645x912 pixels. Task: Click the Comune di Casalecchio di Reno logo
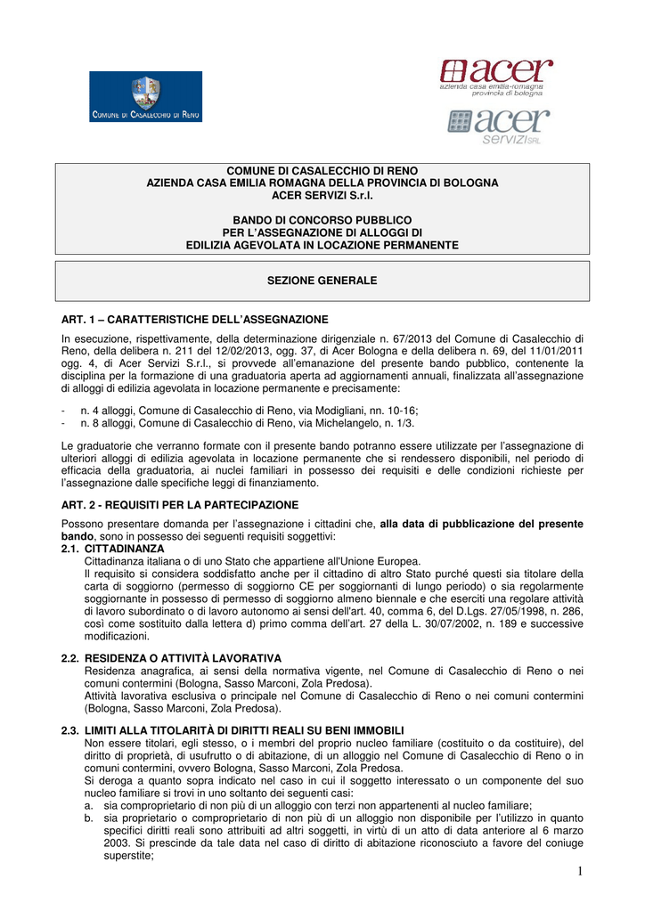144,97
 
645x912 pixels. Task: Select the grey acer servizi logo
498,126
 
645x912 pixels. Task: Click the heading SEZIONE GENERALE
322,281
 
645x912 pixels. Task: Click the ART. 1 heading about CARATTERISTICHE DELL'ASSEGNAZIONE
194,319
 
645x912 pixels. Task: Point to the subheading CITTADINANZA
124,549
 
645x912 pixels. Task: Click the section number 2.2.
69,657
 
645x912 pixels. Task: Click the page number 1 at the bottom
578,871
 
